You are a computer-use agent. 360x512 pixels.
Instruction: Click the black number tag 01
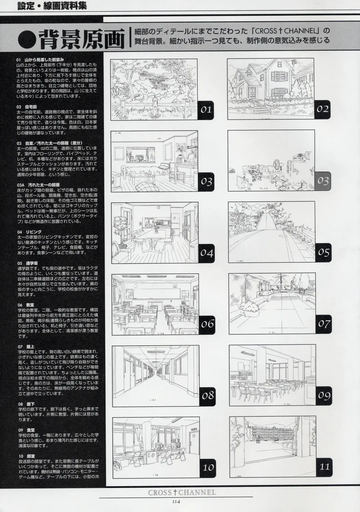[206, 109]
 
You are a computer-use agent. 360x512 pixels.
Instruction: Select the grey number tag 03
[322, 181]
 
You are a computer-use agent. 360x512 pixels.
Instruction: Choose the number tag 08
[207, 395]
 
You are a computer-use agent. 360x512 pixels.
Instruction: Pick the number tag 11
[323, 467]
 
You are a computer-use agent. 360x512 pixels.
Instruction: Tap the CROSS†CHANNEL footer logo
[182, 492]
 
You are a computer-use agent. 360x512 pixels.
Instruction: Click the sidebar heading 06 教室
[27, 304]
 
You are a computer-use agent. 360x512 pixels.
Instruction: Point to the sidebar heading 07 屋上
[27, 346]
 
